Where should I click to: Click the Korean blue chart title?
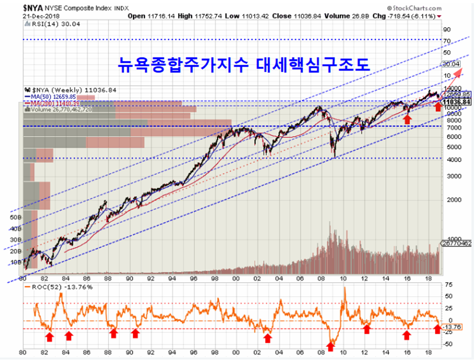[243, 64]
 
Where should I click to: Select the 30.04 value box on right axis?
[450, 64]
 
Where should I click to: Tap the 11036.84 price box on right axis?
[453, 101]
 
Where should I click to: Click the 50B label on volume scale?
[15, 215]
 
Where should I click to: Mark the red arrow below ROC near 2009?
[330, 346]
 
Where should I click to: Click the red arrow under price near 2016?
[408, 120]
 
